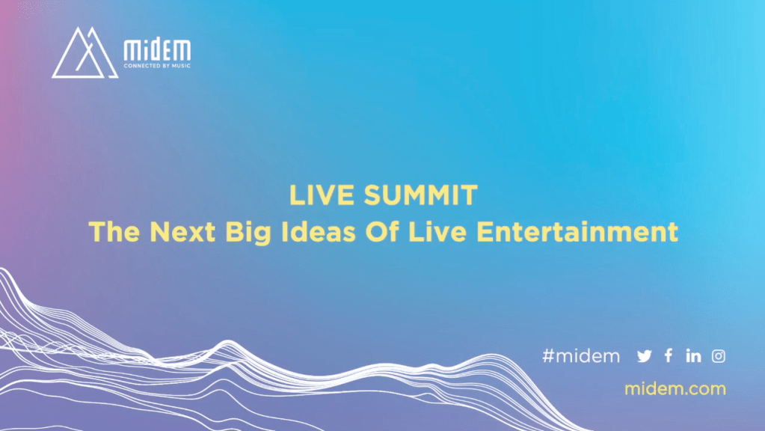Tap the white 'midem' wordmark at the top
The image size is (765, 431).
coord(157,50)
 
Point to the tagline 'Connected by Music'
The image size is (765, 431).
coord(157,66)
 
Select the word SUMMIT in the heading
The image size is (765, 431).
coord(420,195)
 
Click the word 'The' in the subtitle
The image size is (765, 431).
coord(115,231)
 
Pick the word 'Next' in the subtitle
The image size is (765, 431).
coord(182,231)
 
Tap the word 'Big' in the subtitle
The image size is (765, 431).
coord(248,233)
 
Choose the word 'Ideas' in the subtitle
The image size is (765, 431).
coord(319,231)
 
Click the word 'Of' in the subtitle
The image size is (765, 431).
coord(382,231)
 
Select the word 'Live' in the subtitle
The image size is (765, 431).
coord(437,231)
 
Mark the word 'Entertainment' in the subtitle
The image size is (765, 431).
coord(577,231)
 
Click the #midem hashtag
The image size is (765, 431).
coord(581,356)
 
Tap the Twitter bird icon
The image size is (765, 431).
coord(645,356)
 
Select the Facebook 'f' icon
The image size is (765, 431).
coord(669,356)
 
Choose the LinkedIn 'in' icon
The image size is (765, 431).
coord(693,356)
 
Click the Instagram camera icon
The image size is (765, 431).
coord(718,356)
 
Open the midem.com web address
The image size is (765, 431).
coord(675,389)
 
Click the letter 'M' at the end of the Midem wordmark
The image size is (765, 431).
coord(182,50)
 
